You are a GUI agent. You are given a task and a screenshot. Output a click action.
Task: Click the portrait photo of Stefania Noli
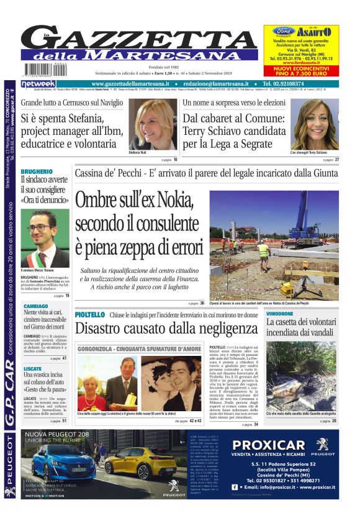pos(152,124)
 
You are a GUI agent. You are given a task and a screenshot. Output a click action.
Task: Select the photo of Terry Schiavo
pos(315,124)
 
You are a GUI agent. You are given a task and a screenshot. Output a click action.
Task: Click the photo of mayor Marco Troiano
pos(45,238)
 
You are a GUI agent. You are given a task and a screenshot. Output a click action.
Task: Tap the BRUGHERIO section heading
pos(37,171)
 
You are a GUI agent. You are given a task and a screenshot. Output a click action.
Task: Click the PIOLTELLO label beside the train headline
pos(90,315)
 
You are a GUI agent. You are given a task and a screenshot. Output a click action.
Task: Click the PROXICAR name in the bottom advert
pos(269,445)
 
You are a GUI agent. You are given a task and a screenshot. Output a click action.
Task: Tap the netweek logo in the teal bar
pos(38,83)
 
